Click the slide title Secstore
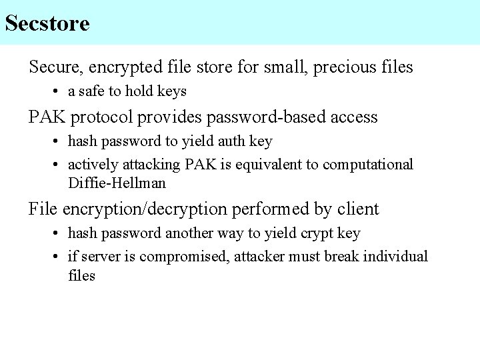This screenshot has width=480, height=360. tap(47, 24)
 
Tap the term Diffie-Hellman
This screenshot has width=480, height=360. tap(117, 183)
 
